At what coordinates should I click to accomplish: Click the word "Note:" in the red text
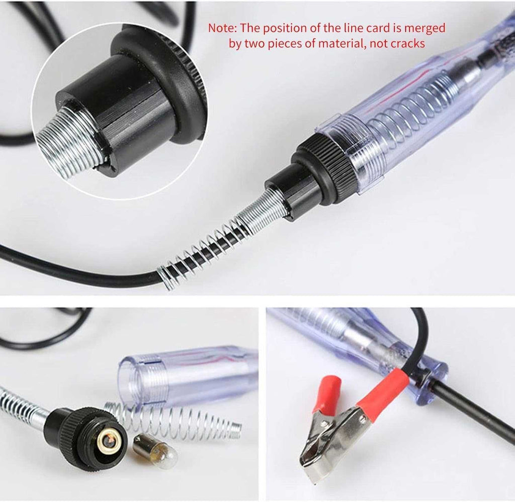pos(222,28)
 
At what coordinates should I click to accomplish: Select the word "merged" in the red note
pos(424,29)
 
